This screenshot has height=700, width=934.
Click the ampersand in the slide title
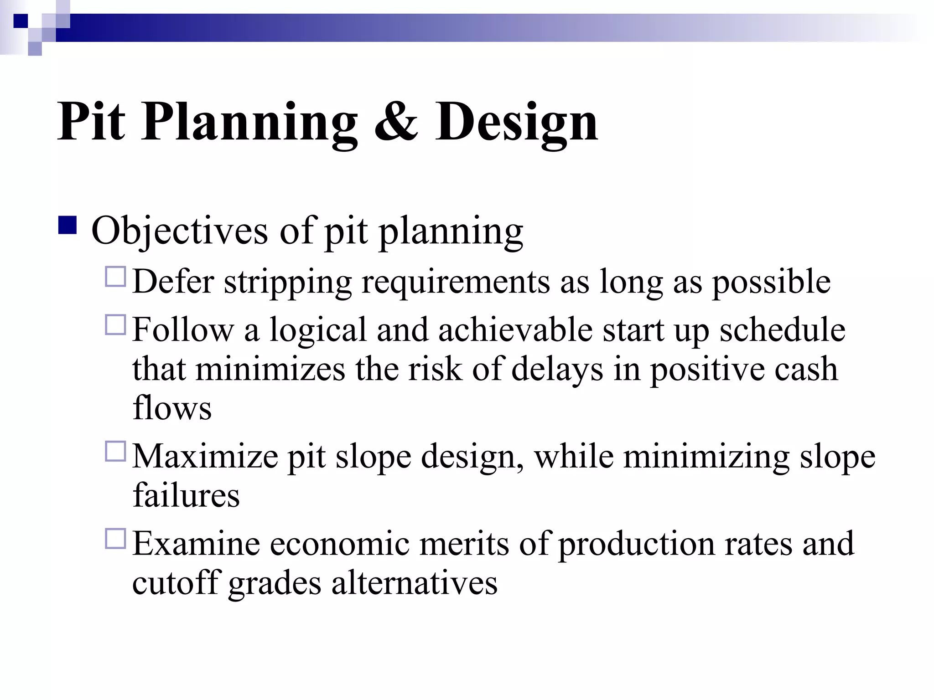[x=396, y=122]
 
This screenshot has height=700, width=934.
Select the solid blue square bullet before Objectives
[x=67, y=226]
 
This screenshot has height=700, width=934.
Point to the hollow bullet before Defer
[x=115, y=277]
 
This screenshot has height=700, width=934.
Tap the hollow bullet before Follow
[x=115, y=325]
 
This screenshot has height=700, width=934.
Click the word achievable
[x=515, y=330]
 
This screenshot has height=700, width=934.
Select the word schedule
[x=782, y=330]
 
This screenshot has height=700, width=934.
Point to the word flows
[x=172, y=407]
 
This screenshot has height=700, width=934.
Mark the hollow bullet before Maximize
[x=115, y=452]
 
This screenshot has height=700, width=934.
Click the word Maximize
[x=205, y=456]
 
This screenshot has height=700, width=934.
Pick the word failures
[x=186, y=495]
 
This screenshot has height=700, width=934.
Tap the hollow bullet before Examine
[x=115, y=538]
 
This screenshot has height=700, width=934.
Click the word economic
[x=339, y=544]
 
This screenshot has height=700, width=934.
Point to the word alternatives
[x=414, y=583]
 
